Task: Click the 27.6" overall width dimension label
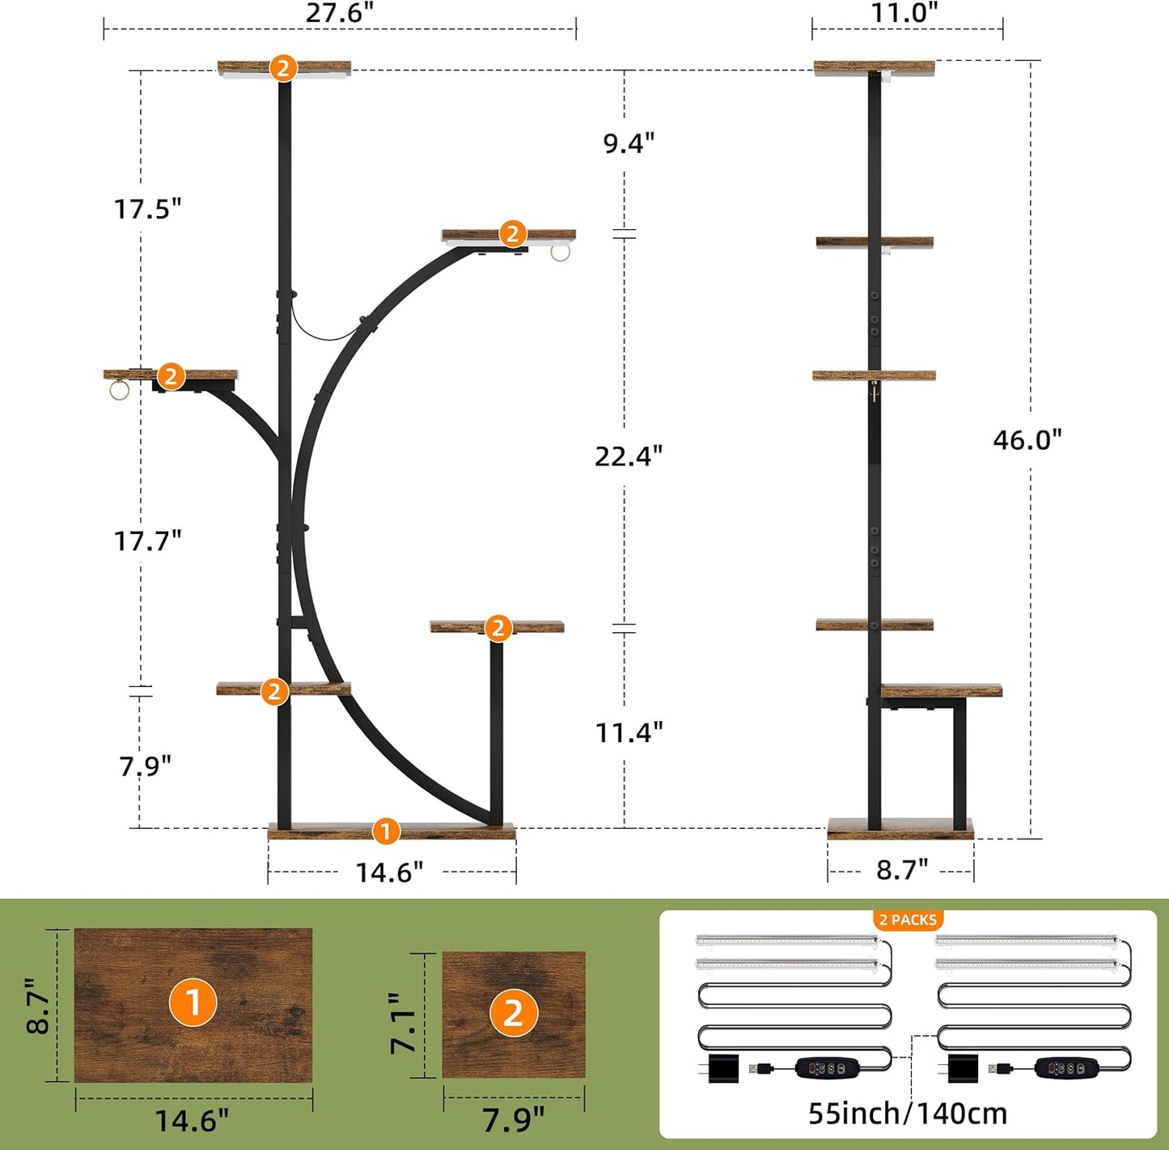click(x=340, y=14)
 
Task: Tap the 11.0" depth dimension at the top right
click(x=904, y=13)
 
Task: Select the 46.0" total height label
click(x=1027, y=439)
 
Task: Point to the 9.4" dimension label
click(x=629, y=143)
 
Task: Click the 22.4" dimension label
click(x=629, y=456)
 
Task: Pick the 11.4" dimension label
click(x=629, y=732)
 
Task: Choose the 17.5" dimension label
click(x=147, y=209)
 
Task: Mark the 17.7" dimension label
click(x=147, y=541)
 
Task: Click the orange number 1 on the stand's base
click(x=386, y=831)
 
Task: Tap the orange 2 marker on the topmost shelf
click(x=283, y=68)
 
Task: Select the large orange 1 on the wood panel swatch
click(x=193, y=1003)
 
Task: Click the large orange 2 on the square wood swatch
click(x=513, y=1012)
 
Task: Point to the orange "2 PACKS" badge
click(x=908, y=920)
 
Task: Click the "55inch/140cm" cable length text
click(x=908, y=1114)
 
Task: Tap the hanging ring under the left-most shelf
click(x=119, y=391)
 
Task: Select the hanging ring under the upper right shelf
click(x=561, y=252)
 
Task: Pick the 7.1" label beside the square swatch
click(x=402, y=1023)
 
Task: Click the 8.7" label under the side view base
click(x=902, y=870)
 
